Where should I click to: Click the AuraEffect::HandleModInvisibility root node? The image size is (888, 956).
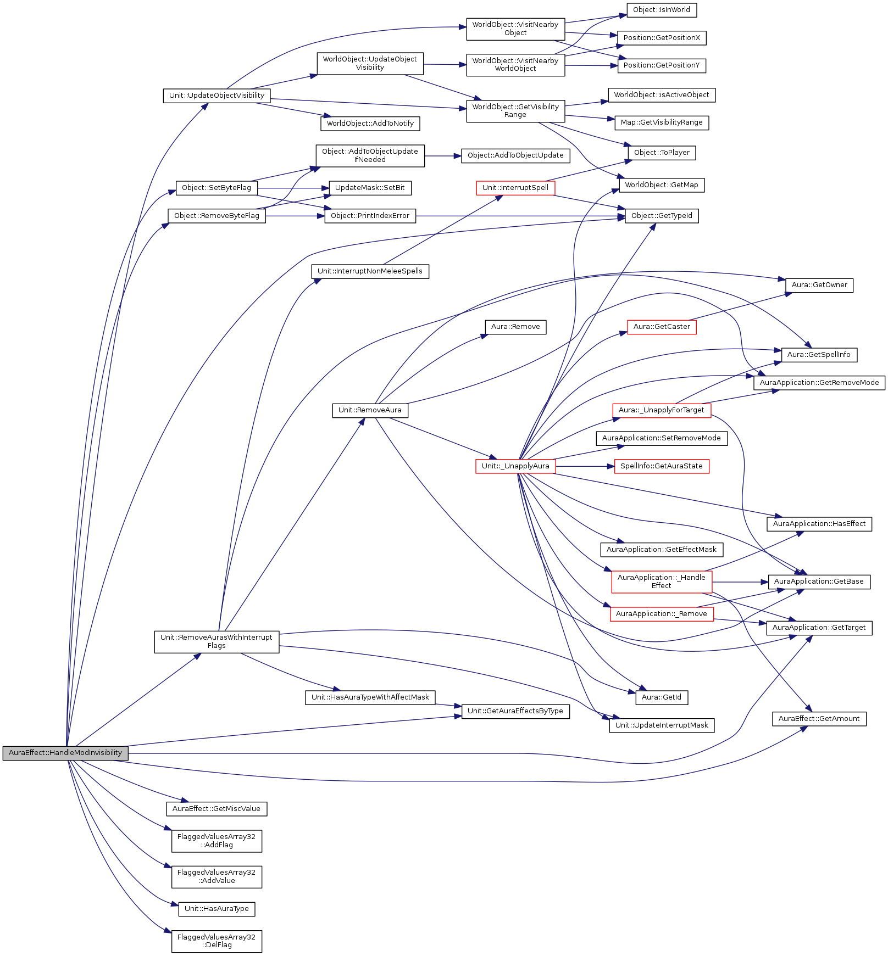point(65,753)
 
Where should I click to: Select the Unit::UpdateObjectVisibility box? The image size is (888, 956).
point(217,96)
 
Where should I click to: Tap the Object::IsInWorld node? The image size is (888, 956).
point(661,10)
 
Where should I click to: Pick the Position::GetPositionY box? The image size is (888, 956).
point(661,65)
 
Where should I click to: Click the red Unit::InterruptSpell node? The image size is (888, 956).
point(515,188)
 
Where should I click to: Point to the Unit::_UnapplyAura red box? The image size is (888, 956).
point(515,466)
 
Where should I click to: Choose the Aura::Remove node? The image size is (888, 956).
point(515,327)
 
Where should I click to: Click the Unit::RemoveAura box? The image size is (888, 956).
point(370,410)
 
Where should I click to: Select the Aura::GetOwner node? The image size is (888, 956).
point(819,285)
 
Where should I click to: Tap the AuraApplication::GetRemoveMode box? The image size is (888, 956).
point(819,383)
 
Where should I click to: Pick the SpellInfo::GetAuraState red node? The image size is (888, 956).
point(661,466)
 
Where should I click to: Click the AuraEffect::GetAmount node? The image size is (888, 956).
point(819,719)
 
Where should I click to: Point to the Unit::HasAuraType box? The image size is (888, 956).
point(217,909)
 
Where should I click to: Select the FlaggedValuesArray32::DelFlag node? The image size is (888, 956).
point(217,941)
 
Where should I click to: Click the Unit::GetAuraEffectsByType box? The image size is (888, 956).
point(515,711)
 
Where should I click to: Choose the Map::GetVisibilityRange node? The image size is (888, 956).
point(661,122)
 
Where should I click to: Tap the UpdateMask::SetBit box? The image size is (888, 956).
point(370,188)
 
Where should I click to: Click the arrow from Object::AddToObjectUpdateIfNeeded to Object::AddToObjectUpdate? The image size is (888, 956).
point(442,156)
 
